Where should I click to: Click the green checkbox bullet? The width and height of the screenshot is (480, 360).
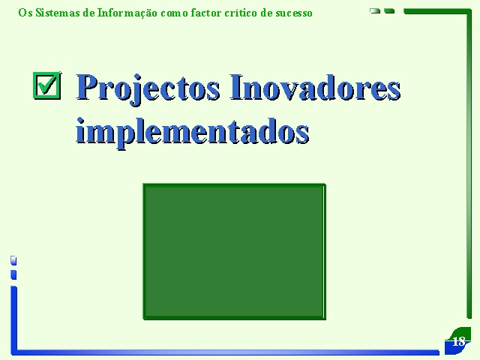coord(46,85)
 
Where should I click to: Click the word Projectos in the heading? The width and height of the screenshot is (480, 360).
coord(148,88)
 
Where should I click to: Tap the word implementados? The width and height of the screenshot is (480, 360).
coord(192,132)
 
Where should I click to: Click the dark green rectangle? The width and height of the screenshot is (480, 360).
coord(235,252)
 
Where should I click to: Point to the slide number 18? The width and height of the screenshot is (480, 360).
coord(458,341)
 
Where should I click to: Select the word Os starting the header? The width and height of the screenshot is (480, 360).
coord(25,13)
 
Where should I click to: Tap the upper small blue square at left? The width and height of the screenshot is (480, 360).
coord(13,260)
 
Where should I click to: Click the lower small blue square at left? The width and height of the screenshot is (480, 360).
coord(13,274)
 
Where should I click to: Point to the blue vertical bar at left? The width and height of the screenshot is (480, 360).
coord(13,318)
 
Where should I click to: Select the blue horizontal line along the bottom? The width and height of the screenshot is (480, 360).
coord(226,352)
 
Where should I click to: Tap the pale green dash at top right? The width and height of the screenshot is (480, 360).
coord(375,11)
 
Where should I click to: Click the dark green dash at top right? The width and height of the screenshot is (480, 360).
coord(389,11)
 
